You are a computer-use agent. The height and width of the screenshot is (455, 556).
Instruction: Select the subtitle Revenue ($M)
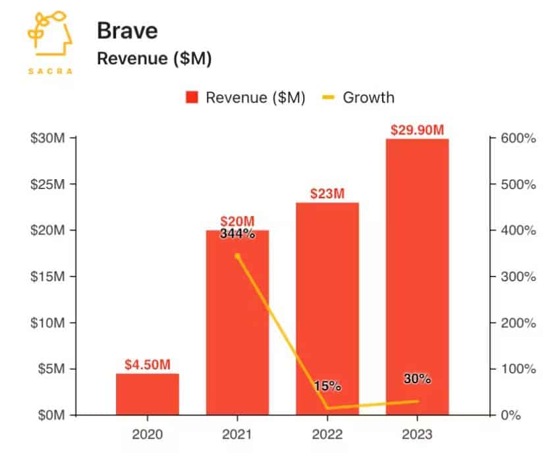point(153,59)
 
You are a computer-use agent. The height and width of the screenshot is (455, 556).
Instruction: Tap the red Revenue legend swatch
point(192,98)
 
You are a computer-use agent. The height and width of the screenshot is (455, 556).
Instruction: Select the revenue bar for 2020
point(148,394)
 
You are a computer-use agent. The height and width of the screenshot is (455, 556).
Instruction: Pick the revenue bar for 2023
point(418,277)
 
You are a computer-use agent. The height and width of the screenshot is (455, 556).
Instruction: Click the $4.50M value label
point(148,364)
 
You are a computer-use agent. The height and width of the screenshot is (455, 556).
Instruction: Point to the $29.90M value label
point(418,129)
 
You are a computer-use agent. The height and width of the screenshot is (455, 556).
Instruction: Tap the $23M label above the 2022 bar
point(327,194)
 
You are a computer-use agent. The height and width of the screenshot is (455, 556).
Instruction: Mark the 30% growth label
point(418,379)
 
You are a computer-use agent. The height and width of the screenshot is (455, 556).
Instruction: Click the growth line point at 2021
point(237,256)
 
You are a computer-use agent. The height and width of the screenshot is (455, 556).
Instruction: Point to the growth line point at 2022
point(327,408)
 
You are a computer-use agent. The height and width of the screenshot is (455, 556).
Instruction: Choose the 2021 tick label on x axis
point(237,435)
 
